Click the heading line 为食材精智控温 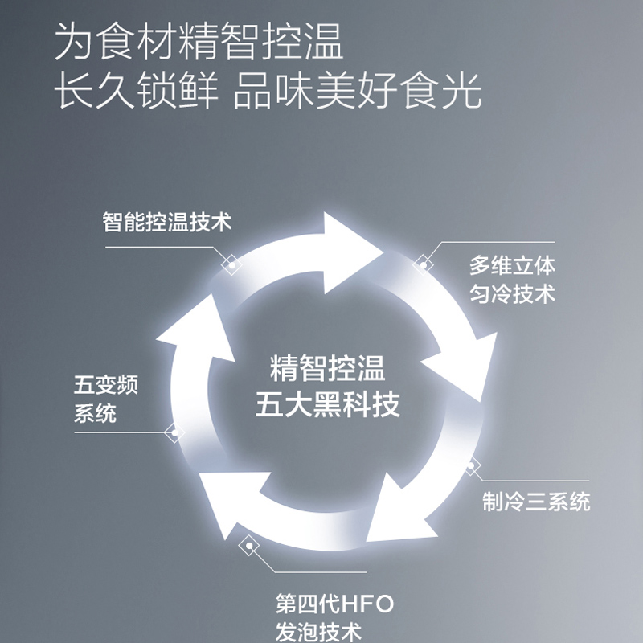(x=199, y=41)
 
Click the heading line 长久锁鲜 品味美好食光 (x=268, y=90)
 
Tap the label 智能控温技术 (x=167, y=222)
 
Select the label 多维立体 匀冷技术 (x=512, y=280)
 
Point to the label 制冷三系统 (x=536, y=501)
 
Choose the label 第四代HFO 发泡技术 (x=334, y=616)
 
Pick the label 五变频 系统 (x=106, y=398)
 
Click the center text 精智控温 (x=327, y=368)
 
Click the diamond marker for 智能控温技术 (x=231, y=265)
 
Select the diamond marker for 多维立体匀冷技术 (x=424, y=265)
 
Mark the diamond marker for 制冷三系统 (x=471, y=465)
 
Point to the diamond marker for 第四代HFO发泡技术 (x=249, y=546)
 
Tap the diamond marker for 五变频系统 (x=174, y=432)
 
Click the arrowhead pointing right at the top (x=349, y=252)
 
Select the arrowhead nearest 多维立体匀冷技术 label (x=466, y=365)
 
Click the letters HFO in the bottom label (x=368, y=604)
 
